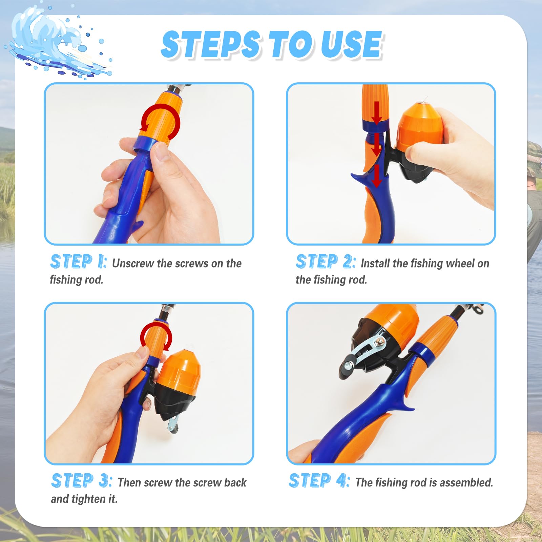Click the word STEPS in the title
click(x=211, y=44)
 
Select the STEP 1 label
click(x=79, y=262)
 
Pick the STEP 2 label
click(x=326, y=262)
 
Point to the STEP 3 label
click(x=82, y=481)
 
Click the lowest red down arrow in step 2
click(x=376, y=176)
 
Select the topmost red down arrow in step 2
click(x=376, y=113)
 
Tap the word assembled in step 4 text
click(x=466, y=482)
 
